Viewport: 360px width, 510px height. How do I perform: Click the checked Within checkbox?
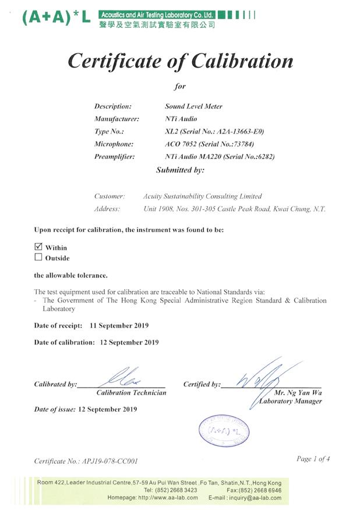click(x=38, y=247)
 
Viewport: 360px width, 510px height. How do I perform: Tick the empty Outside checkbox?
click(x=38, y=257)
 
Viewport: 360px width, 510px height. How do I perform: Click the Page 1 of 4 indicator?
click(x=313, y=459)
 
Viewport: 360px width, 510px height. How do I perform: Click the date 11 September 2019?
click(x=119, y=325)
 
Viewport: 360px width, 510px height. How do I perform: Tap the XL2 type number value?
click(x=170, y=131)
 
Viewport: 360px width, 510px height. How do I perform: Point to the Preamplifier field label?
click(x=114, y=156)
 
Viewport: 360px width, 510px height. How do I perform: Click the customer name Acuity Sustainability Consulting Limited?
click(x=202, y=196)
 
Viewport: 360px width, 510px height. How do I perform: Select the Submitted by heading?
click(x=180, y=170)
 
